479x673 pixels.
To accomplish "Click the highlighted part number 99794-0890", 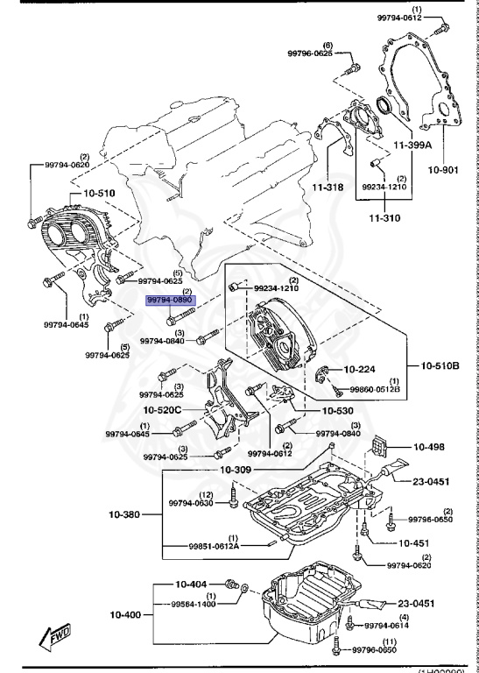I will pos(169,300).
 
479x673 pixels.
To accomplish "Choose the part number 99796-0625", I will pos(311,53).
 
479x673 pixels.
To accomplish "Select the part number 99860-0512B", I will pos(376,388).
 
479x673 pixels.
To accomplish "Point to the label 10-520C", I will pos(164,410).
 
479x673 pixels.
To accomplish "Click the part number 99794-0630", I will pos(192,503).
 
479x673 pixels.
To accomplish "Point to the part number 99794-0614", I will pos(387,625).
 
